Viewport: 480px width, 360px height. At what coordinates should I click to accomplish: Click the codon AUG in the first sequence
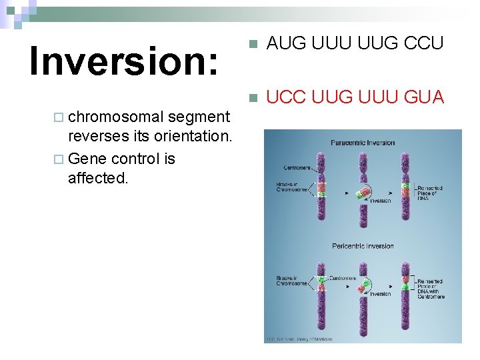[286, 43]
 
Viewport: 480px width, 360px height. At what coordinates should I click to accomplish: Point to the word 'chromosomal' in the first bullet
[116, 117]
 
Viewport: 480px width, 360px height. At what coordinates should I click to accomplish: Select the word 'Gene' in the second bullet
[88, 159]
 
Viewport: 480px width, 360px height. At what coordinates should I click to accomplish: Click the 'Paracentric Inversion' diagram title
[362, 143]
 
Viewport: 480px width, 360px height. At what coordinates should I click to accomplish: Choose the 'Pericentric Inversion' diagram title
[362, 246]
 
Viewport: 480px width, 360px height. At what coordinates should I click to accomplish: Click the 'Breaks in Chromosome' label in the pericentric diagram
[292, 280]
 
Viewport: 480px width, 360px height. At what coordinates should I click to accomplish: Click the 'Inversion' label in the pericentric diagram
[380, 294]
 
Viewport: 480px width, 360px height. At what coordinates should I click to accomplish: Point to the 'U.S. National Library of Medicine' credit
[300, 339]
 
